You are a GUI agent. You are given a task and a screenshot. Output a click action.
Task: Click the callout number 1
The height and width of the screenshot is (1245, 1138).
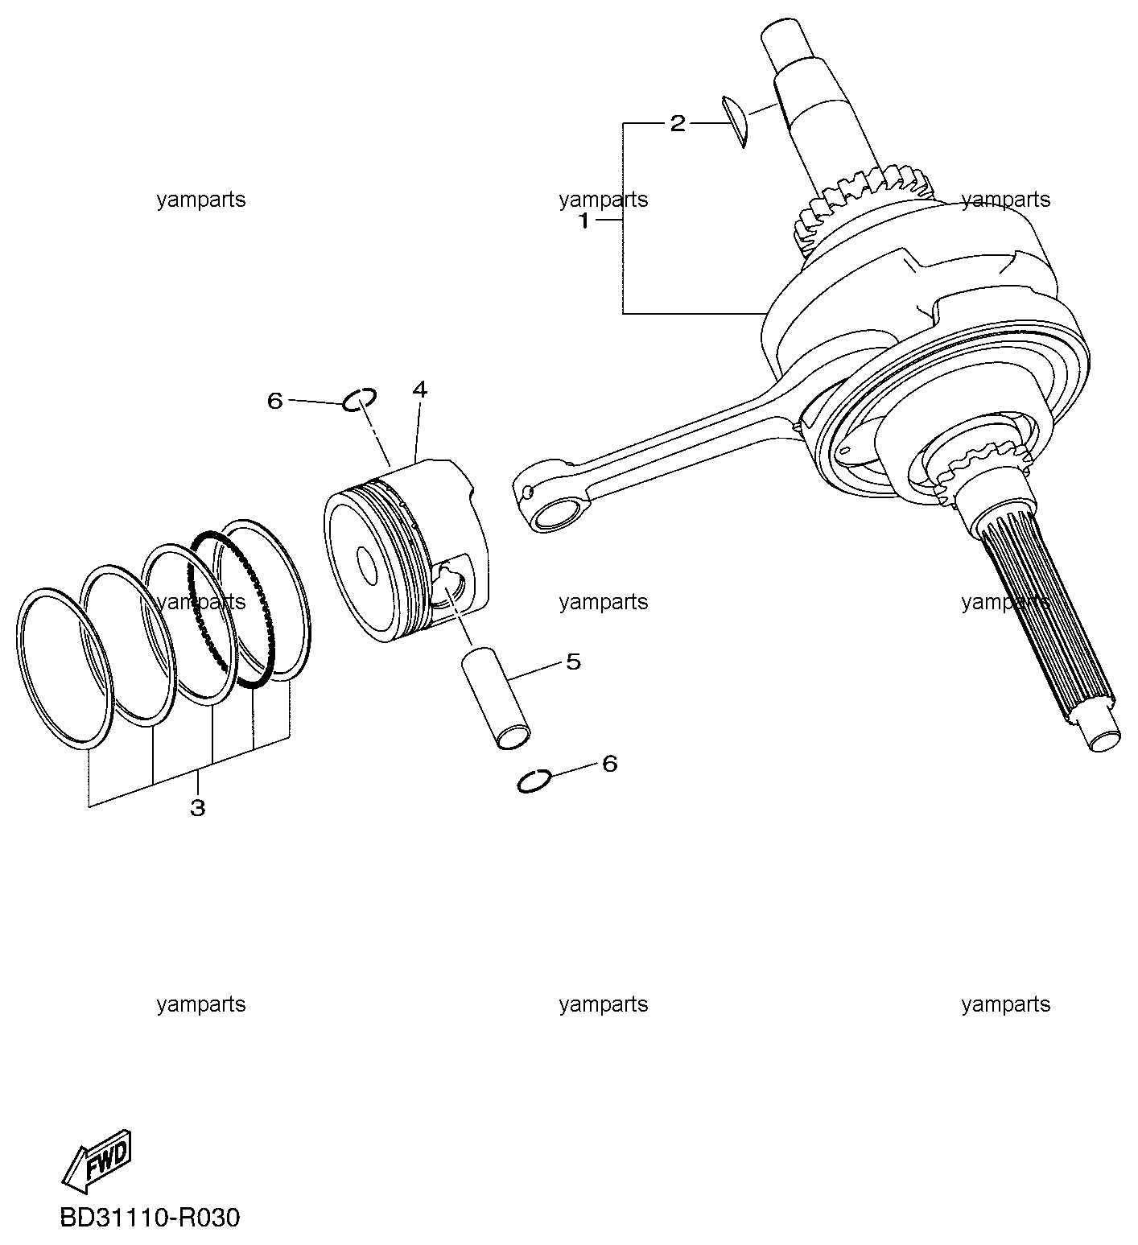click(x=584, y=221)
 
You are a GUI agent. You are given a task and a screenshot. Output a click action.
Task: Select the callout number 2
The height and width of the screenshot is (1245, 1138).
click(x=678, y=123)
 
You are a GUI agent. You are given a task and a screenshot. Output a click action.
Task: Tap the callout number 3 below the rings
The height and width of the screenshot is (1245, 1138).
click(x=197, y=807)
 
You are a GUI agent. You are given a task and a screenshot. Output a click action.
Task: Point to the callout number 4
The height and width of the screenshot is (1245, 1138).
click(x=419, y=390)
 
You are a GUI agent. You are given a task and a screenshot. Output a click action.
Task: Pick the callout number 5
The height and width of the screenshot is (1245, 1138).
click(x=573, y=662)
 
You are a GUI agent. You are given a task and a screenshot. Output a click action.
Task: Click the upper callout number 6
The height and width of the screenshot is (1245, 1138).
click(x=275, y=400)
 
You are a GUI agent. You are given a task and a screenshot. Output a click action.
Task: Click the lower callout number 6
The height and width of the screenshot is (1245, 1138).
click(x=609, y=763)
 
